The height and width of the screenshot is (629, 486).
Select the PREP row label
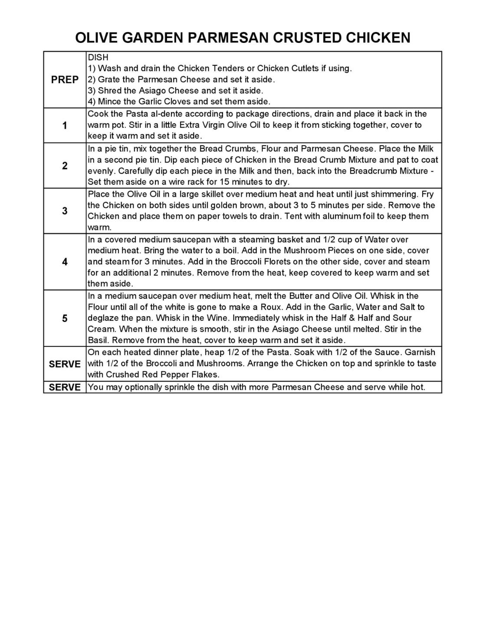[65, 80]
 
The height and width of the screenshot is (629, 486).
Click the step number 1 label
[65, 126]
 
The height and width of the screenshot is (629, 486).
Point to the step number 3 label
[65, 211]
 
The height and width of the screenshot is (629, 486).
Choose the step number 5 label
[65, 319]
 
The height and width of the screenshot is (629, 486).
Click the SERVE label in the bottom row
[65, 387]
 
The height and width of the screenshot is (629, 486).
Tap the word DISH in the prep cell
[98, 57]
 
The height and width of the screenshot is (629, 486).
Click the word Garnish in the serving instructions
[420, 352]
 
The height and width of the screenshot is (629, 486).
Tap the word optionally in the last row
[141, 387]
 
